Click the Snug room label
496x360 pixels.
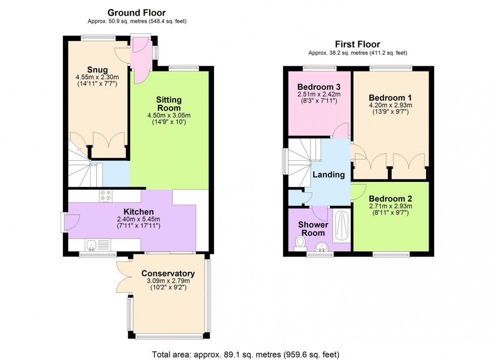[97, 70]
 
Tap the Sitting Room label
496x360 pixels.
[169, 104]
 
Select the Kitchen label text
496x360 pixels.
[139, 211]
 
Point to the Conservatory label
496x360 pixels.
[168, 274]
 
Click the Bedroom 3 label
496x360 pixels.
[319, 86]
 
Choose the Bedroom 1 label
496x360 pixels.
[390, 98]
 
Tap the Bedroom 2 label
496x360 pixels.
[390, 199]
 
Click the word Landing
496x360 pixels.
[328, 175]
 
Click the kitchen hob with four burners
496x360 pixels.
[105, 196]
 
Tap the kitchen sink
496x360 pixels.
[97, 245]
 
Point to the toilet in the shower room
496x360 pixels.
[300, 244]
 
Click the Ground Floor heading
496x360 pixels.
[137, 13]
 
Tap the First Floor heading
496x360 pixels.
[358, 44]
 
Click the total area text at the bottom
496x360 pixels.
[246, 354]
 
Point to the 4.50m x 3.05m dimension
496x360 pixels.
[169, 115]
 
